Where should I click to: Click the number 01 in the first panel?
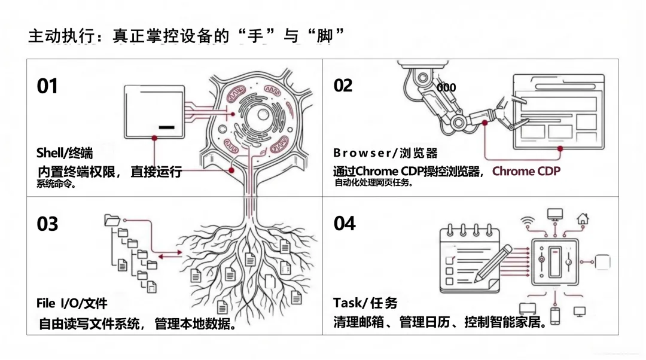click(x=47, y=86)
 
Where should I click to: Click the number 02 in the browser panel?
click(x=343, y=86)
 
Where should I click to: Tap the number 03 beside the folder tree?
click(x=47, y=224)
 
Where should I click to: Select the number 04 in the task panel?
click(x=345, y=224)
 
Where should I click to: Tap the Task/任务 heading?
click(x=365, y=303)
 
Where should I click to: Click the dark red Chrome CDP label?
click(x=526, y=172)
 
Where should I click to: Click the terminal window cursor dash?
click(x=167, y=127)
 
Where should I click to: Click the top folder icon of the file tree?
click(x=112, y=219)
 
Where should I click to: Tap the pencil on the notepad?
click(x=493, y=263)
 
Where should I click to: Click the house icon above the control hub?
click(x=582, y=218)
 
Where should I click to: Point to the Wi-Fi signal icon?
click(x=527, y=221)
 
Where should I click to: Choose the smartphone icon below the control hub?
click(x=555, y=315)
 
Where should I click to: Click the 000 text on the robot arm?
click(x=446, y=87)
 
